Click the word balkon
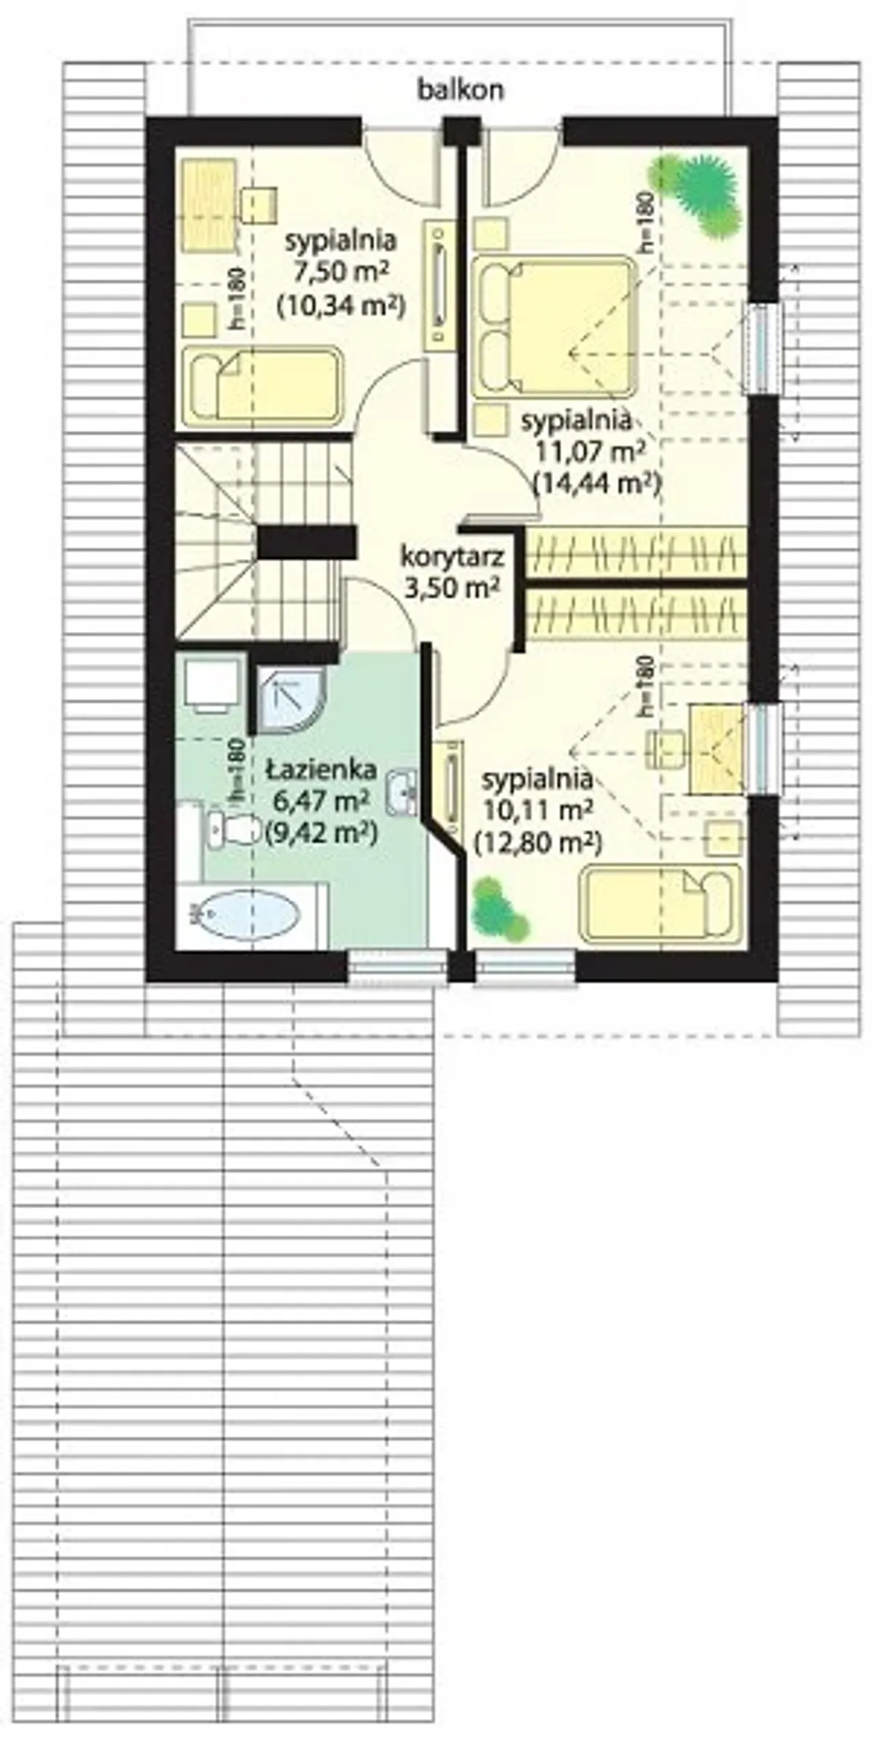pos(461,89)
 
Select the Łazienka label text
pos(321,769)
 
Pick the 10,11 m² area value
pos(537,810)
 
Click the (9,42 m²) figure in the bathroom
pos(321,832)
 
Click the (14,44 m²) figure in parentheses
pos(597,484)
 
